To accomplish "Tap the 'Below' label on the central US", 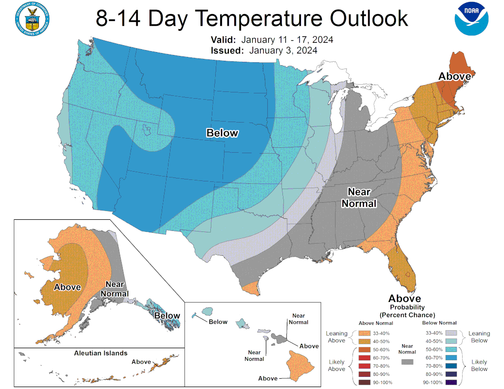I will click(x=222, y=133).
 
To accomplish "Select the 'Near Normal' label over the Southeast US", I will click(x=359, y=197).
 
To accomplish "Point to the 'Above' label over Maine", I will click(x=454, y=76).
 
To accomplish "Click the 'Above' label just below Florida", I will click(x=404, y=299).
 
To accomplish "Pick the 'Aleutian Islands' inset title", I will click(x=101, y=353).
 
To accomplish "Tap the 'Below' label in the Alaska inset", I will click(x=167, y=316).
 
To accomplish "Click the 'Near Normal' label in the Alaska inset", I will click(x=114, y=289).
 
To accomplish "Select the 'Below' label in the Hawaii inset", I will click(x=218, y=322).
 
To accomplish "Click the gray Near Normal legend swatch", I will click(x=407, y=362).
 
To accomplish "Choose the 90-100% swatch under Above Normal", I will click(x=364, y=383).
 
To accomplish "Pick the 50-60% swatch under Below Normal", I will click(x=450, y=349).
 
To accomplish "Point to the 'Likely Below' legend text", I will click(x=479, y=365).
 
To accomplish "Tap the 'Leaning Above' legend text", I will click(x=336, y=336).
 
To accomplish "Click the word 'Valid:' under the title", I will click(x=224, y=40).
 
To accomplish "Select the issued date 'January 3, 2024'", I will click(x=283, y=50).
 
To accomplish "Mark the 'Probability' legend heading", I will click(x=407, y=307).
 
